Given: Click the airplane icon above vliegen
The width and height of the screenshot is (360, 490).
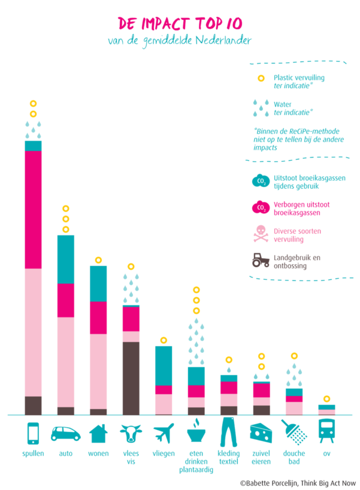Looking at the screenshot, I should click(x=164, y=433).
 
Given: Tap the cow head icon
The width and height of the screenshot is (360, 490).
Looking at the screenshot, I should click(x=131, y=433).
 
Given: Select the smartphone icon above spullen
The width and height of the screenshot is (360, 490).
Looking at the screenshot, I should click(x=33, y=433).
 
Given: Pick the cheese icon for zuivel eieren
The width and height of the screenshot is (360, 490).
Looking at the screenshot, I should click(x=261, y=433).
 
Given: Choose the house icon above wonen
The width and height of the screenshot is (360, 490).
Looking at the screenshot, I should click(x=98, y=433).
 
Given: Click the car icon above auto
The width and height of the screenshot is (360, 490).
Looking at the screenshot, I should click(x=66, y=433).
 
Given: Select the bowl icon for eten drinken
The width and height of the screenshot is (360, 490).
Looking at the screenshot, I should click(x=196, y=433).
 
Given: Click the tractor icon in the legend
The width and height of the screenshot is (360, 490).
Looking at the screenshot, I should click(x=261, y=260).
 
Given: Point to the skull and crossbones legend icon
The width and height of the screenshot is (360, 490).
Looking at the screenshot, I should click(x=261, y=233).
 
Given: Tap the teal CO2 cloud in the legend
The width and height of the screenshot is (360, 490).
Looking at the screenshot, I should click(x=261, y=180).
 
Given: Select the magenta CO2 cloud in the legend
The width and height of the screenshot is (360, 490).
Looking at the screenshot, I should click(x=261, y=207).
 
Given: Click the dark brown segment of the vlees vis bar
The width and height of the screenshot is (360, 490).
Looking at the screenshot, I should click(x=131, y=378).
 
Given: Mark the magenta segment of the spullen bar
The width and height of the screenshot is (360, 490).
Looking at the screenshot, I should click(x=33, y=210).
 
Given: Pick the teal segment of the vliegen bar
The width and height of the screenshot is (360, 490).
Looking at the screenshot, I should click(x=164, y=365).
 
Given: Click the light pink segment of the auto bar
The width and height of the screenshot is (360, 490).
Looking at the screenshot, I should click(x=66, y=362).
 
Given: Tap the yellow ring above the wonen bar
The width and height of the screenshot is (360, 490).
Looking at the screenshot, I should click(x=98, y=260).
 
